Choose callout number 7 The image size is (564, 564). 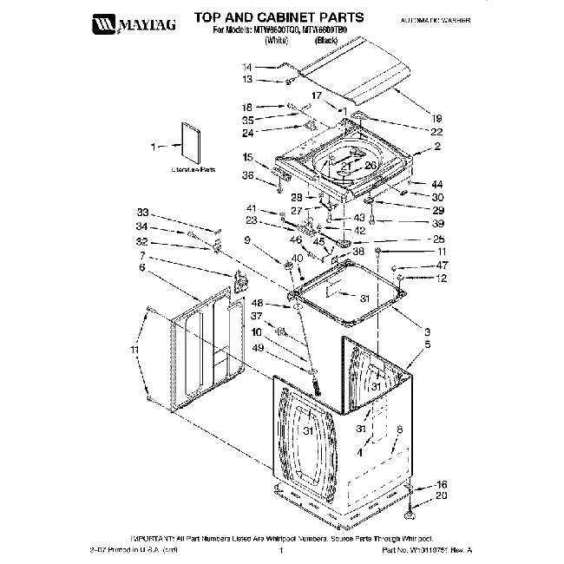(141, 257)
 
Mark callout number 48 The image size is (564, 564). (256, 302)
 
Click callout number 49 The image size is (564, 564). (256, 348)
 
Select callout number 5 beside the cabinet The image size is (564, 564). (427, 344)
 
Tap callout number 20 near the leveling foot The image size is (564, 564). (441, 495)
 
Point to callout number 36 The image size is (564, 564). (247, 175)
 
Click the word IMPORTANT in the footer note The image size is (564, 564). (154, 539)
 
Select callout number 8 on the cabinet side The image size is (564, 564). (398, 430)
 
